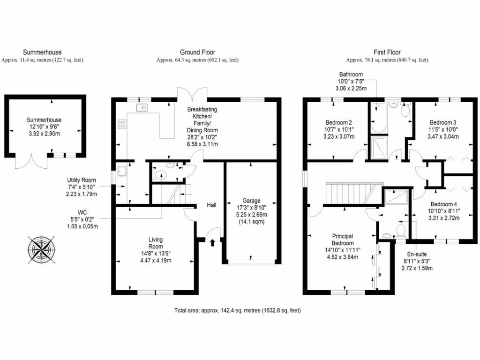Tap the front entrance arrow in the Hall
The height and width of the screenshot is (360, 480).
tap(213, 242)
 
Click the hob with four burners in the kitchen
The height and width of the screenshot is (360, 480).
tap(122, 124)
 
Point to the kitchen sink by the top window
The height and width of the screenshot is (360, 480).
tap(142, 108)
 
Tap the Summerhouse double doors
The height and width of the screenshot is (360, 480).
tap(31, 162)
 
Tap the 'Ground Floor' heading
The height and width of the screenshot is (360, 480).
tap(197, 52)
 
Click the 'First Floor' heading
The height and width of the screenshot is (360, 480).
tap(387, 52)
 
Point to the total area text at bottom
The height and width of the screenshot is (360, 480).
tap(237, 310)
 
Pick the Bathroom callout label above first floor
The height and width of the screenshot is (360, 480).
tap(351, 74)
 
